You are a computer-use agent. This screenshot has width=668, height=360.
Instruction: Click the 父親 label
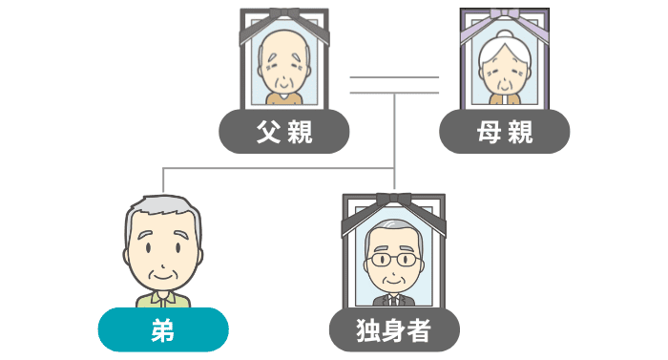coord(284,132)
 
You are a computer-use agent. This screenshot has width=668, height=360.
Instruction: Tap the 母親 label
coord(505,132)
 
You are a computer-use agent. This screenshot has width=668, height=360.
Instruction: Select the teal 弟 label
coord(163,329)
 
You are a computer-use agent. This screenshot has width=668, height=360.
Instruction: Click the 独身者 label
coord(394,329)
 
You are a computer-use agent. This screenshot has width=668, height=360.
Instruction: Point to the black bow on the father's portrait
coord(284,12)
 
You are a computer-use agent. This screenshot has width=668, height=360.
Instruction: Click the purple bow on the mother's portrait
coord(505,13)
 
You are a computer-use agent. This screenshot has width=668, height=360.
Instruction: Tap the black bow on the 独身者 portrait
coord(394,200)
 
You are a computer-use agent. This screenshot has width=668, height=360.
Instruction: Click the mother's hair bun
coord(505,35)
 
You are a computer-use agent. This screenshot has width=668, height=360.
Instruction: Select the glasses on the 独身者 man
coord(393,260)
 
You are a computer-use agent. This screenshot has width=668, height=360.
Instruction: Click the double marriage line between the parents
coord(394,85)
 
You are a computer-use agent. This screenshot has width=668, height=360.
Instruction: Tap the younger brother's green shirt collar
coord(163,298)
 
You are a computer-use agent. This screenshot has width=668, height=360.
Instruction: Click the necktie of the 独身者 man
coord(394,301)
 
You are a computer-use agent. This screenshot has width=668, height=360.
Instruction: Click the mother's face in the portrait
coord(505,74)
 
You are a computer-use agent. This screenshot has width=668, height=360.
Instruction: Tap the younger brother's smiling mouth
coord(163,277)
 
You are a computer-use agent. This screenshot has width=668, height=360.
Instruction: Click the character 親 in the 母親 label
coord(520,132)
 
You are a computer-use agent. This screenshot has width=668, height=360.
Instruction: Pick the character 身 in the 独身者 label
coord(394,329)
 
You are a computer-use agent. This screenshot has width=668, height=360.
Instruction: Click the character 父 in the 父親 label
coord(268,132)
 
